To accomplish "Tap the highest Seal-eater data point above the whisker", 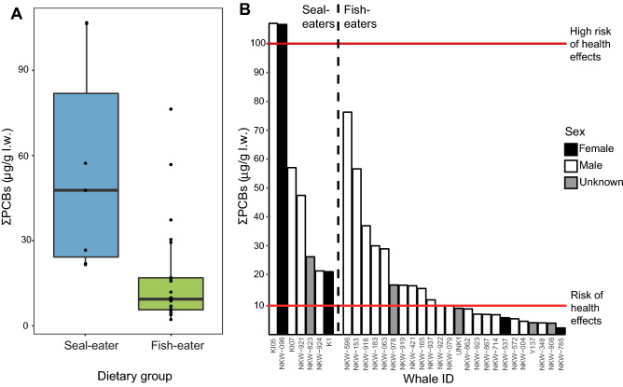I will [86, 22].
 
